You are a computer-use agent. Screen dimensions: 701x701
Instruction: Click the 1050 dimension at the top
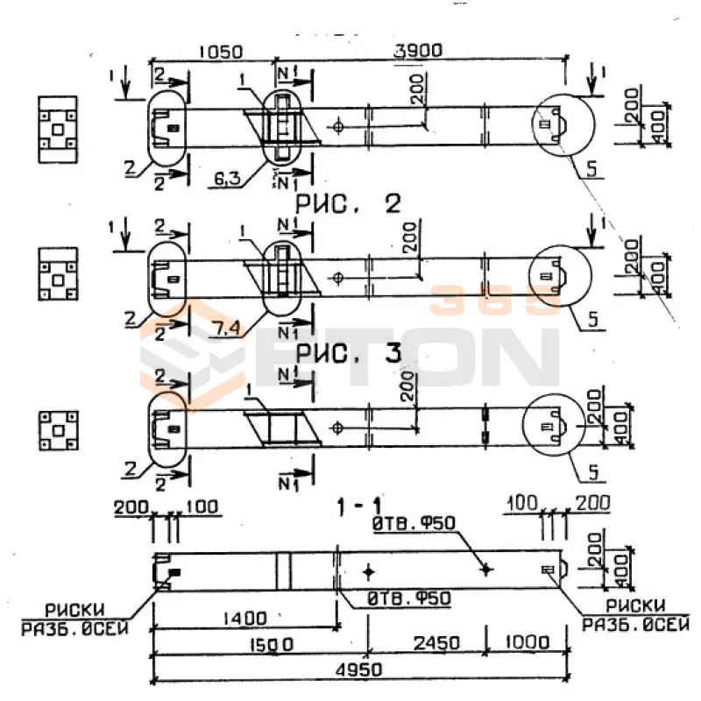point(218,53)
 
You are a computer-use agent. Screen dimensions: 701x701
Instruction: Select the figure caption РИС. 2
point(349,204)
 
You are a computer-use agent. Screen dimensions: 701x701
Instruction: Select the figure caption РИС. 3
point(349,353)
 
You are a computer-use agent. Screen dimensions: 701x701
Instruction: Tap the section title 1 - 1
point(361,506)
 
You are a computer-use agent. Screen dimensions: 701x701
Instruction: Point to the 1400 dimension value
point(244,619)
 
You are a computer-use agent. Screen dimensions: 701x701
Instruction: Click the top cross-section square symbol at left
point(57,130)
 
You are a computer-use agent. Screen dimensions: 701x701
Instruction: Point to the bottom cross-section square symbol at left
point(58,430)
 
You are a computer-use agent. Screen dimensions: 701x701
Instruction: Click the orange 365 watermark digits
point(496,301)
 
